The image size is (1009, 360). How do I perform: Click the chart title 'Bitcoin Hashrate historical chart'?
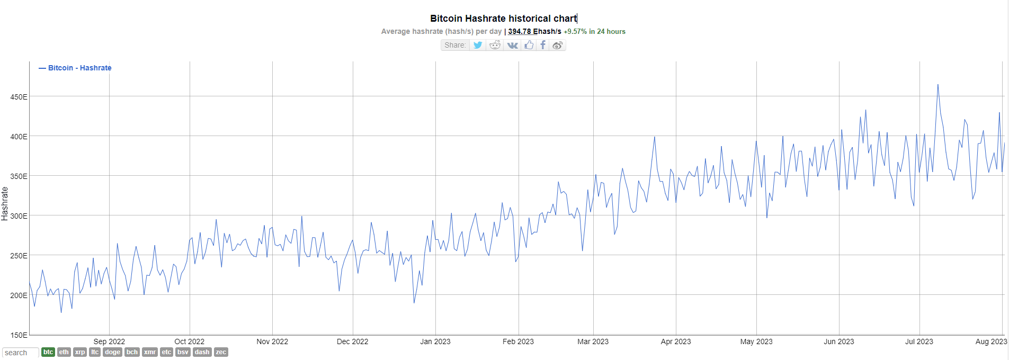point(503,19)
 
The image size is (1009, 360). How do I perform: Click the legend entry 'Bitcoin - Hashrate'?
point(79,68)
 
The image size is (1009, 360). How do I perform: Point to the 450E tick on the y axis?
point(19,97)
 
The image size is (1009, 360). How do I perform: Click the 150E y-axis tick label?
point(19,335)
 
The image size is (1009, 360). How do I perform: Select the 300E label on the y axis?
point(19,216)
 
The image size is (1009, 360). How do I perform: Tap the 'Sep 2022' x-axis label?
point(109,341)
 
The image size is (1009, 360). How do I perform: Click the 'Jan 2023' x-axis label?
point(435,341)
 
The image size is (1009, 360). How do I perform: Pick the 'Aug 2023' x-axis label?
point(990,341)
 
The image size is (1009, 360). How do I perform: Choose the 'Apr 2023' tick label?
point(675,341)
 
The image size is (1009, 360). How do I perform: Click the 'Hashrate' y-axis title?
point(5,204)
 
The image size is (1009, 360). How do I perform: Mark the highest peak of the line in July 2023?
point(937,85)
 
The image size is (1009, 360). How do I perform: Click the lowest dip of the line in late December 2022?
point(414,303)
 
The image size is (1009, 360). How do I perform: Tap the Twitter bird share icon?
point(478,45)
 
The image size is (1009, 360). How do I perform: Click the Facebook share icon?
point(542,45)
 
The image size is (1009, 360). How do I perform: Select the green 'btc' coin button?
point(48,352)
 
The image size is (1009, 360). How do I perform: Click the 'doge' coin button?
point(112,352)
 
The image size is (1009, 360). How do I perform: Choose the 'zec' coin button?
point(221,352)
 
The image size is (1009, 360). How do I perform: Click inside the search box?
point(20,353)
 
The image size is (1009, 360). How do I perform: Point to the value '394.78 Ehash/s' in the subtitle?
point(534,31)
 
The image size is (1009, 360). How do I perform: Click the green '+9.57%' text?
point(575,31)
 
